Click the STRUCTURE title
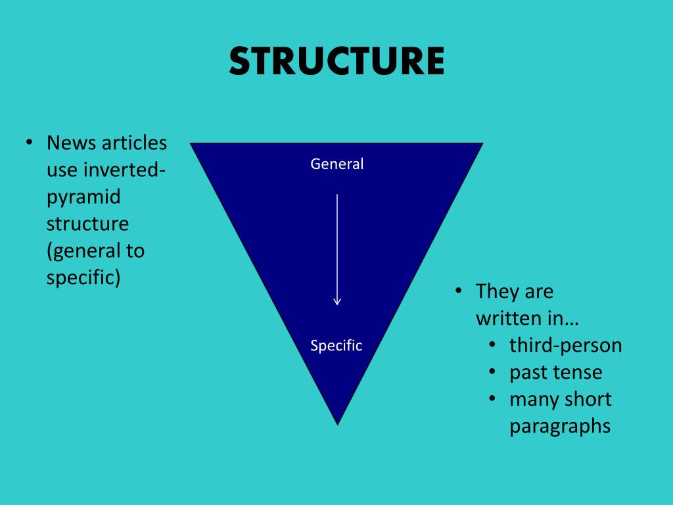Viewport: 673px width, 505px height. pyautogui.click(x=336, y=61)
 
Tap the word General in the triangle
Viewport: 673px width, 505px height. pyautogui.click(x=336, y=164)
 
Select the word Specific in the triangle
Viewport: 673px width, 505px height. pyautogui.click(x=336, y=346)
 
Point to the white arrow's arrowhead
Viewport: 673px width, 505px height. pyautogui.click(x=337, y=301)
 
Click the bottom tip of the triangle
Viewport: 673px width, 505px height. pyautogui.click(x=337, y=423)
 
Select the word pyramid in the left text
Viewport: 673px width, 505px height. pyautogui.click(x=83, y=197)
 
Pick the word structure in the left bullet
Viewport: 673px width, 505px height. pyautogui.click(x=87, y=224)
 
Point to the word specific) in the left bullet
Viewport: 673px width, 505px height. pyautogui.click(x=83, y=277)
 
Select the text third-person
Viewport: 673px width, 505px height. pyautogui.click(x=565, y=345)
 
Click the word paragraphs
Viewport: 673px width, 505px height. pyautogui.click(x=560, y=426)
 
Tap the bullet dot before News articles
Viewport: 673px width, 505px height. pyautogui.click(x=30, y=143)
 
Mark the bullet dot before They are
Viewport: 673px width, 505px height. pyautogui.click(x=459, y=291)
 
